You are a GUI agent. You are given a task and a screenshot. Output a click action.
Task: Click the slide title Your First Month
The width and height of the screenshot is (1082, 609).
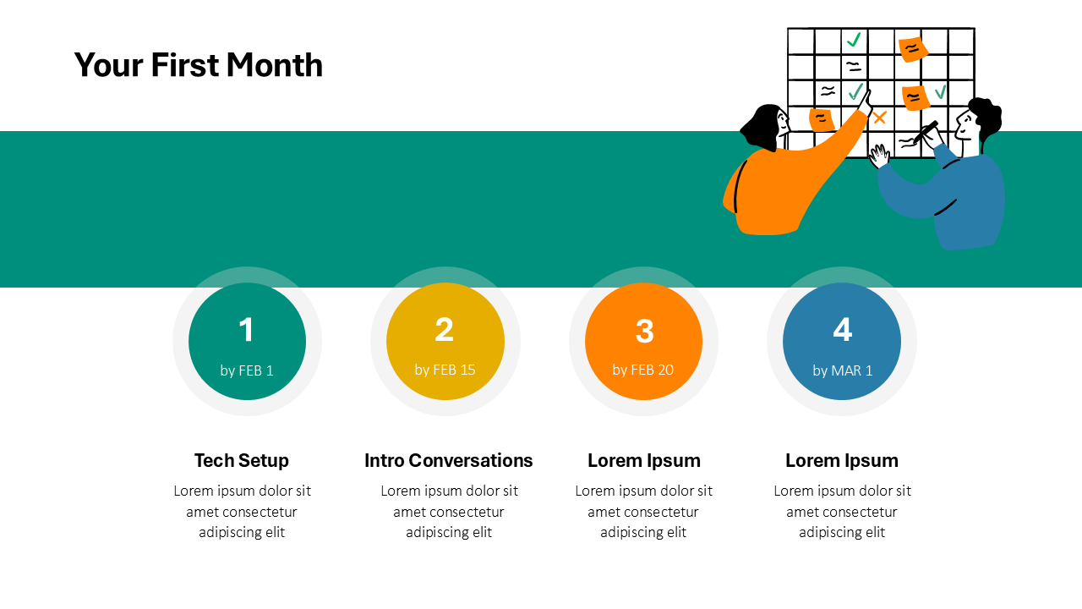pos(198,65)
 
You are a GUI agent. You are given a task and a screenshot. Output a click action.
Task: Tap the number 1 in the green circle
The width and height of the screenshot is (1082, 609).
pos(246,330)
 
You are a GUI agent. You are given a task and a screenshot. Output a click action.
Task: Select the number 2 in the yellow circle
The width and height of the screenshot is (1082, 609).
pos(445,330)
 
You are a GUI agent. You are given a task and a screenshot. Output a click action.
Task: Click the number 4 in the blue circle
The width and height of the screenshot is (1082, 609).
pos(842,330)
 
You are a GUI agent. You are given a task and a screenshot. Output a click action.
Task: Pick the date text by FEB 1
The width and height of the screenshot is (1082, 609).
pos(247,370)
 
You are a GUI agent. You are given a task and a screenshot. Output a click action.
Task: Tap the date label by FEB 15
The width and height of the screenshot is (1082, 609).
pos(445,370)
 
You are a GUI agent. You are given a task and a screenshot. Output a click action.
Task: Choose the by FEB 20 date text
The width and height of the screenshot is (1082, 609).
pos(643,370)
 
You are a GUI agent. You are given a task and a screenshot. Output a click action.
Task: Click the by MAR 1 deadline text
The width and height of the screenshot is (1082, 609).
pos(842,370)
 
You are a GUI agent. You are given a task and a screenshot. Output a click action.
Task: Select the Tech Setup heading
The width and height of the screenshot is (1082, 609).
pos(242,460)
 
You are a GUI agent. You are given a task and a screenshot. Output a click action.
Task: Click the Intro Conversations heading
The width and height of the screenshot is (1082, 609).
pos(449,460)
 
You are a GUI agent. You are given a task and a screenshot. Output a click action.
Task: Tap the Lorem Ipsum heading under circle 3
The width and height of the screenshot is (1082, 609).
pos(644,460)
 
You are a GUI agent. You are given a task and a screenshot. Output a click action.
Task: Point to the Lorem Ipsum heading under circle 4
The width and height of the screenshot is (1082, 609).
pos(842,460)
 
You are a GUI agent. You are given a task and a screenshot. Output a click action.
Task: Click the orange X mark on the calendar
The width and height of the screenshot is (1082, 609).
pos(880,118)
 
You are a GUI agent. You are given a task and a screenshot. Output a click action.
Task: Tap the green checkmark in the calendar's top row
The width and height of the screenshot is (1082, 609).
pos(854,40)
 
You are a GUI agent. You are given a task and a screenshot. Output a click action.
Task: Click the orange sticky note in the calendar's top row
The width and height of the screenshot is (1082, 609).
pos(911,49)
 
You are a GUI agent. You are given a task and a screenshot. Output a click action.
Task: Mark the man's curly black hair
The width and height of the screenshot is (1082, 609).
pos(986,116)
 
